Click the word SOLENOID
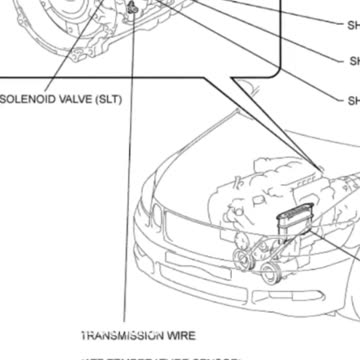tap(29, 99)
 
